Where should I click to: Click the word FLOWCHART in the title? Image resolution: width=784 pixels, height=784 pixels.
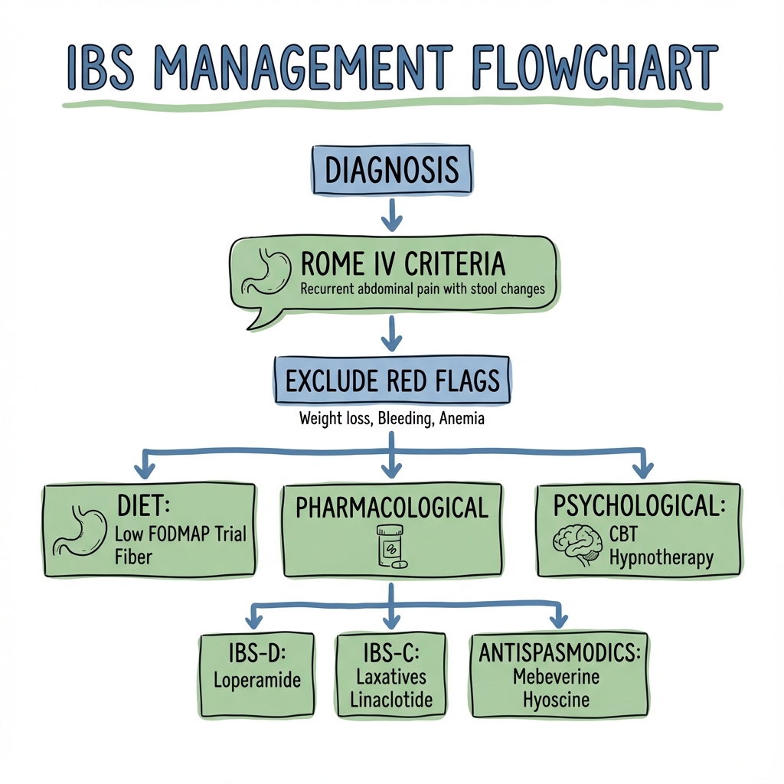coord(594,67)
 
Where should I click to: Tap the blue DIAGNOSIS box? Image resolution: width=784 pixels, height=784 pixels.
coord(391,169)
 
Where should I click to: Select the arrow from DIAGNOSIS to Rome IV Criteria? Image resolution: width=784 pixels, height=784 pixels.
coord(391,215)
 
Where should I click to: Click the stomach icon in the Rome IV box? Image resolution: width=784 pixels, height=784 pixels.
coord(266,273)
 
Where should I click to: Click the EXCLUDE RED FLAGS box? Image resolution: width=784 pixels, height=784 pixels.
coord(392,380)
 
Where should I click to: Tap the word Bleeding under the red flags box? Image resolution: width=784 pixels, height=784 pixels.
coord(405,418)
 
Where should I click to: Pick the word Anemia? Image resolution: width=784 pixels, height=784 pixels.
coord(462,418)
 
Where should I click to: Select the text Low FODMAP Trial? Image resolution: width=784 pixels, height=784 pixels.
coord(181,534)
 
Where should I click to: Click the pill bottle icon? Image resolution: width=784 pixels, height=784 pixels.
coord(391,546)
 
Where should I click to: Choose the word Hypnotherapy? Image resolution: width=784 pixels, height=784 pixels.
coord(661,558)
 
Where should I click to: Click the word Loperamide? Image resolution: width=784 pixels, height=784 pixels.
coord(257,680)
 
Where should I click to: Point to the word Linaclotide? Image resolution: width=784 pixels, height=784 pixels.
coord(391,700)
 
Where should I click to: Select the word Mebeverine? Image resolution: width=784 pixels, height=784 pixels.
coord(556,677)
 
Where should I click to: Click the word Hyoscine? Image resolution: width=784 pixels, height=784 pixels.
coord(556,700)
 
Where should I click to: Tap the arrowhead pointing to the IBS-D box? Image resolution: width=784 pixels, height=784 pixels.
coord(254,621)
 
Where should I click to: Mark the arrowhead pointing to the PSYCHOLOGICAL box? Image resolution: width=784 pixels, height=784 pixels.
coord(643,470)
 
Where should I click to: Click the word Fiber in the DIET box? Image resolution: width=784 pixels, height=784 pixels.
coord(133,557)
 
